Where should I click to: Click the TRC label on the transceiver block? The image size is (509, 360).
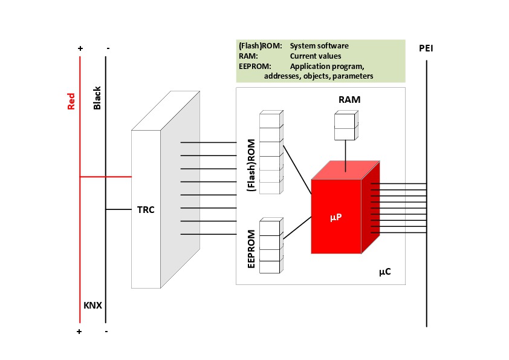tap(146, 210)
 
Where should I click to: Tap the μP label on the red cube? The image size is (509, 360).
tap(336, 217)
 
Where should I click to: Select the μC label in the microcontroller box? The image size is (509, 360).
tap(385, 271)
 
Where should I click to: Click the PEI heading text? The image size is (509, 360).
tap(426, 48)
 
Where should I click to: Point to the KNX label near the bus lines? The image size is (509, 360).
tap(93, 306)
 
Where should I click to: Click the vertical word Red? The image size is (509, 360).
tap(71, 102)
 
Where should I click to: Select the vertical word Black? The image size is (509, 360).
tap(97, 98)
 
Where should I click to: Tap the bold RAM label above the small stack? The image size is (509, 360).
tap(349, 99)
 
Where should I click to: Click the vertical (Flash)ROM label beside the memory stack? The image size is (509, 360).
tap(251, 165)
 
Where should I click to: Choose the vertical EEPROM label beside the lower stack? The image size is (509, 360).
tap(251, 249)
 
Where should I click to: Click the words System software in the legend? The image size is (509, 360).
tap(319, 46)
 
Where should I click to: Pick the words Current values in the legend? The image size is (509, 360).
tap(316, 56)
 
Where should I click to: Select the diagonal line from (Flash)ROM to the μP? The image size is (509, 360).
tap(297, 170)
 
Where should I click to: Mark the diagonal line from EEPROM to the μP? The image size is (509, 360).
tap(297, 228)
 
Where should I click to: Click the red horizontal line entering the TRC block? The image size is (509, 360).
tap(106, 177)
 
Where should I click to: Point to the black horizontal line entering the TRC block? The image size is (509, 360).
tap(118, 209)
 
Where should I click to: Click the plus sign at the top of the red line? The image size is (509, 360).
tap(80, 48)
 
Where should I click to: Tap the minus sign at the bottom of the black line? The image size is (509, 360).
tap(106, 332)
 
